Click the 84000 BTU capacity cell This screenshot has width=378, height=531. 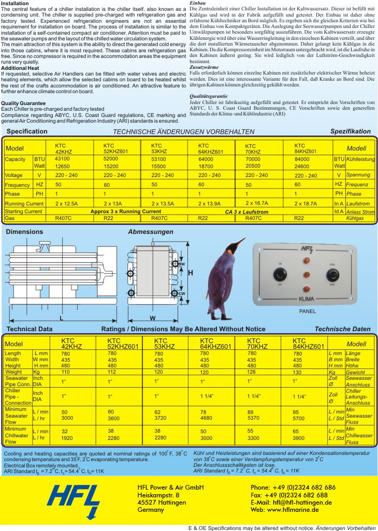click(302, 159)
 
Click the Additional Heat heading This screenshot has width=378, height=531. click(19, 68)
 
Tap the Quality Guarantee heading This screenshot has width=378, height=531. click(22, 103)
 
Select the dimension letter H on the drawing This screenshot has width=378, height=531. click(190, 273)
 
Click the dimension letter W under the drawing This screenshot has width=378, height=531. click(153, 317)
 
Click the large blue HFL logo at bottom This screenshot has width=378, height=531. click(74, 500)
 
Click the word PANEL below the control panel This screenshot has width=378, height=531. click(307, 312)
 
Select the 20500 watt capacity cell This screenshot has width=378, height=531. click(253, 166)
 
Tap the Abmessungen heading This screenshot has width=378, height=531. click(151, 232)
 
